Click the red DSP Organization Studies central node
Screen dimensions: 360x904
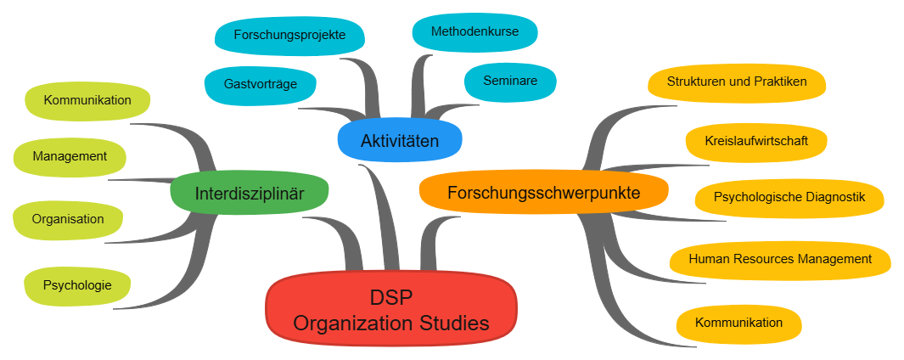[391, 309]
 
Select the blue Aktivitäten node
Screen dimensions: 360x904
[399, 140]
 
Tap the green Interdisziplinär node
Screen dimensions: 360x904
[249, 193]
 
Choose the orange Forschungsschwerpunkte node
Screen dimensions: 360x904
[543, 193]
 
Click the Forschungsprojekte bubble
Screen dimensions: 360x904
[289, 36]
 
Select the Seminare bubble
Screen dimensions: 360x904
[510, 81]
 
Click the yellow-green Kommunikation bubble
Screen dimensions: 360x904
[87, 100]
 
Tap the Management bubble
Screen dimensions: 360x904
[70, 156]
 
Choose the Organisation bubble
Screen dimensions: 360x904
[68, 219]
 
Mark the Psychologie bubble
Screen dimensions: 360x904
[77, 285]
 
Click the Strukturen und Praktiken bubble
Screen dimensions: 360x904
[736, 82]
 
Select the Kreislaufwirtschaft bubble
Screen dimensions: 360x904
[756, 140]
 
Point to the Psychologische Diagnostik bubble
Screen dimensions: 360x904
[789, 198]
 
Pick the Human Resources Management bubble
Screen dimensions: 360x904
[780, 258]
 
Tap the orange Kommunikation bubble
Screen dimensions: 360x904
[738, 323]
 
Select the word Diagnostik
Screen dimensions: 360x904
[835, 198]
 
